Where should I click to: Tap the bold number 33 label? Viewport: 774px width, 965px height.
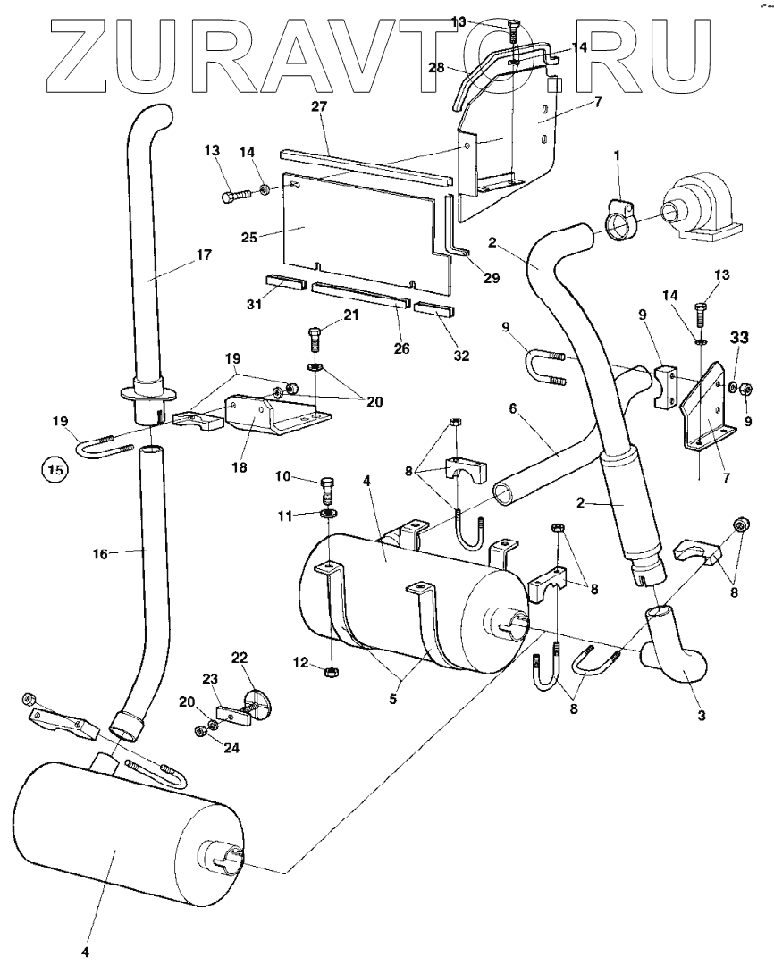click(x=738, y=339)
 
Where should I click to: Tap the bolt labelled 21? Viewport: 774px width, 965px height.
click(x=313, y=340)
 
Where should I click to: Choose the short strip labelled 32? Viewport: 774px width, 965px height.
click(x=434, y=312)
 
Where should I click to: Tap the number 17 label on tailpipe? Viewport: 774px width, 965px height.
click(x=204, y=255)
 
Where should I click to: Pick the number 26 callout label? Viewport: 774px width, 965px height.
click(x=402, y=348)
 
